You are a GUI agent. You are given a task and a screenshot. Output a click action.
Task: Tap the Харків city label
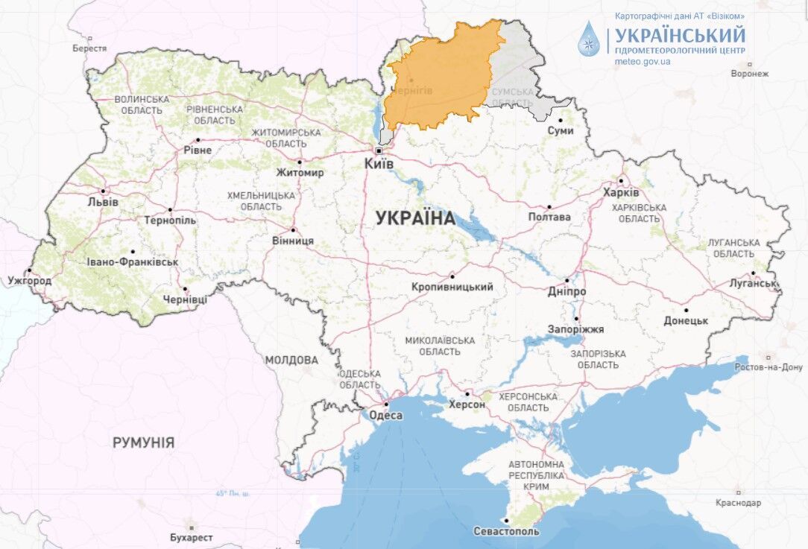621,192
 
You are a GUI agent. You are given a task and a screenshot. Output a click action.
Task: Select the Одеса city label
385,416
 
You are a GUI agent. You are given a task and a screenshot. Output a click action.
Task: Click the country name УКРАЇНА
414,218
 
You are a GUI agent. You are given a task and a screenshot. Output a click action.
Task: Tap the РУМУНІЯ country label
144,442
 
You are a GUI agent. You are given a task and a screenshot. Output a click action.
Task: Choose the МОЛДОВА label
291,360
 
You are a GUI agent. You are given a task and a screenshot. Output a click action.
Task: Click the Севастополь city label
506,532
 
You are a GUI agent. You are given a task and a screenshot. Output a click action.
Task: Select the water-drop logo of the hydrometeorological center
590,38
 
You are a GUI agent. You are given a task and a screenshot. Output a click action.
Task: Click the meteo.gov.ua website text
643,61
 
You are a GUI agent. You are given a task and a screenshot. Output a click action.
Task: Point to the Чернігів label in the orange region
412,90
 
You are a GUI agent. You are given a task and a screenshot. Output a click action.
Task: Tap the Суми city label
561,130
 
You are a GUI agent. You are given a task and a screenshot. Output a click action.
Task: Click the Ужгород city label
30,281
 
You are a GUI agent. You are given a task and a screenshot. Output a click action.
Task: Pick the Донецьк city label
686,320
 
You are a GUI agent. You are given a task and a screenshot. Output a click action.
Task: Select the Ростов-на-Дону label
768,367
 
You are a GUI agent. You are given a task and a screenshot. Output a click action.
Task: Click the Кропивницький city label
452,287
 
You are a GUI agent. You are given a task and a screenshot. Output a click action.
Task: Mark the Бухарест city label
191,537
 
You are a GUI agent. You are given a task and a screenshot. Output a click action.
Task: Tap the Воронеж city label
749,74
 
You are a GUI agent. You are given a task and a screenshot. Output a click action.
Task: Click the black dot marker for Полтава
550,207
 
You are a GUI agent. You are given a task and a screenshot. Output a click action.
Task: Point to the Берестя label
89,48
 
